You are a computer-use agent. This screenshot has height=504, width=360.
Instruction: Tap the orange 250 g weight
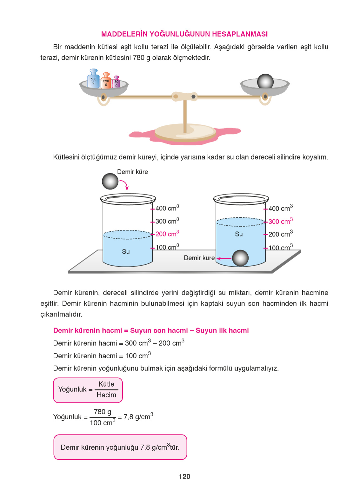pyautogui.click(x=106, y=82)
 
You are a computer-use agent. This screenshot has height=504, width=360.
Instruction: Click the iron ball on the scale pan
pyautogui.click(x=265, y=82)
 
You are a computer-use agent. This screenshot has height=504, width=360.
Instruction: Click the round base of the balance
pyautogui.click(x=185, y=132)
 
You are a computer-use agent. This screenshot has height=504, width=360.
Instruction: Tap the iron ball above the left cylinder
pyautogui.click(x=110, y=181)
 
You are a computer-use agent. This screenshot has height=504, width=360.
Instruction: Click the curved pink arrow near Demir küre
pyautogui.click(x=124, y=184)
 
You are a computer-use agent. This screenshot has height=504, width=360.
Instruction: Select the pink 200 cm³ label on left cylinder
pyautogui.click(x=167, y=234)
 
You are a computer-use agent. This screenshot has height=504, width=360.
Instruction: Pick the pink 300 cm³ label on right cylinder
pyautogui.click(x=280, y=221)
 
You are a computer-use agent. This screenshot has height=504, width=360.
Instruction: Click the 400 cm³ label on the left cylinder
pyautogui.click(x=167, y=208)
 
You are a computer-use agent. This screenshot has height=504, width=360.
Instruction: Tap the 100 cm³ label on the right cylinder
pyautogui.click(x=280, y=248)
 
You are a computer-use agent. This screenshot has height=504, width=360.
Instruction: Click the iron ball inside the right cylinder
pyautogui.click(x=240, y=258)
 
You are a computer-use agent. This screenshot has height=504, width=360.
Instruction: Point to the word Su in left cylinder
pyautogui.click(x=126, y=251)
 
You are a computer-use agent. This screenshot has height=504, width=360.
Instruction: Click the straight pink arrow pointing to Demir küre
pyautogui.click(x=224, y=258)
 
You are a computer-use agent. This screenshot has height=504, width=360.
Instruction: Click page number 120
pyautogui.click(x=184, y=476)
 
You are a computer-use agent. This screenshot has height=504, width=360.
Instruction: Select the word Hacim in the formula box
pyautogui.click(x=106, y=395)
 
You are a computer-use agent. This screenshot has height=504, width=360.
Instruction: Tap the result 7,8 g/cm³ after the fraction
pyautogui.click(x=138, y=417)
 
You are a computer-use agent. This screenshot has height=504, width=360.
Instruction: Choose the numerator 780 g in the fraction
pyautogui.click(x=103, y=412)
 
